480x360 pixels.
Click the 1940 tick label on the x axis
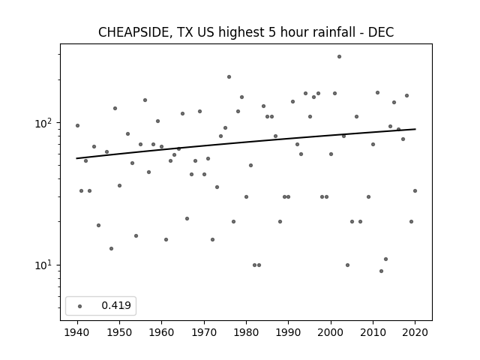coord(77,332)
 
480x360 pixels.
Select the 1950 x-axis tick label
coord(119,332)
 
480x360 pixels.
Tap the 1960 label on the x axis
coord(162,332)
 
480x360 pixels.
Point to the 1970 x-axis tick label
coord(204,332)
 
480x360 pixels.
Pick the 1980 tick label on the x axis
coord(246,332)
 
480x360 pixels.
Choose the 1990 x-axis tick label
coord(288,332)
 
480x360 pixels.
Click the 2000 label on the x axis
coord(331,332)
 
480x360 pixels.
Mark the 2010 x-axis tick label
coord(373,332)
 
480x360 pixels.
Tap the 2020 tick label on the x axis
coord(415,332)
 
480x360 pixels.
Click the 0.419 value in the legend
coord(116,305)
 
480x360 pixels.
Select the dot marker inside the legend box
coord(80,306)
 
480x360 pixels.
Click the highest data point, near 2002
coord(339,57)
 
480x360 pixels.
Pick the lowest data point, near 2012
coord(381,271)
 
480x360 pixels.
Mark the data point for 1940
coord(77,125)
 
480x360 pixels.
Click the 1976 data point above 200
coord(229,76)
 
